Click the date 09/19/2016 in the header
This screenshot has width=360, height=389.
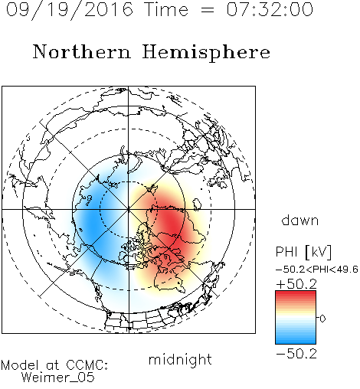(70, 10)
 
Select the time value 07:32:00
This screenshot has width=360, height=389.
(270, 10)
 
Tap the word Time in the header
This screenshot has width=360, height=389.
(166, 10)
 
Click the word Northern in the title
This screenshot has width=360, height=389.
(82, 51)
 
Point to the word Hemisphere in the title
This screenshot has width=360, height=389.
(206, 52)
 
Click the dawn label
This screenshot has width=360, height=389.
(300, 220)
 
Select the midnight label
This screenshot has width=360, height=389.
(180, 359)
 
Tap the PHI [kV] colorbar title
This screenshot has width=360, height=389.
(303, 252)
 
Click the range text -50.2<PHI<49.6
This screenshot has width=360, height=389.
(317, 270)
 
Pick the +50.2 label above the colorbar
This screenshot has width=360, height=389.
(296, 284)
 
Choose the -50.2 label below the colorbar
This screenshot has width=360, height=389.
(296, 354)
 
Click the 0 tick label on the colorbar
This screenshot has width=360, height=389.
(322, 319)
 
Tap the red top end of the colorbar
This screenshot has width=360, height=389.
(296, 293)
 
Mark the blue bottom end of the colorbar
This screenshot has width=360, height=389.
(296, 342)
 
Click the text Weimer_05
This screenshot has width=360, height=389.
(57, 378)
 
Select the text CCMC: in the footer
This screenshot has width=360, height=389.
(87, 365)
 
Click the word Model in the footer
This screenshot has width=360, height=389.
(20, 365)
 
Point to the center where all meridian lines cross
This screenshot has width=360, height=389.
(129, 209)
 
